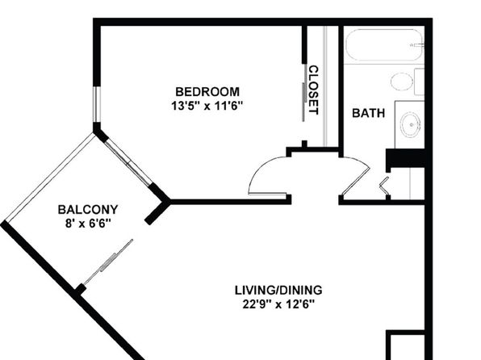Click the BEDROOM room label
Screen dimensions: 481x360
207,92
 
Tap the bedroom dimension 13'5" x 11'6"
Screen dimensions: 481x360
207,107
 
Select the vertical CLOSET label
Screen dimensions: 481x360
313,90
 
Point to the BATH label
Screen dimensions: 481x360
369,113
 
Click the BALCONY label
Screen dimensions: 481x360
88,210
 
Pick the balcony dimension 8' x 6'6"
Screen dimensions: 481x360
87,224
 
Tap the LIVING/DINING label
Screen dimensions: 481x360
278,290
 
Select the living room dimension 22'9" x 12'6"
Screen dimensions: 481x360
278,305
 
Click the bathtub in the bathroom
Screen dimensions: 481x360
384,45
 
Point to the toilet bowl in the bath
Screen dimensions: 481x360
402,82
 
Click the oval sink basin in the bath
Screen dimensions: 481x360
410,124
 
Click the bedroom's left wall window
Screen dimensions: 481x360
97,104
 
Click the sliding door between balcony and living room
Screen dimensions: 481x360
108,262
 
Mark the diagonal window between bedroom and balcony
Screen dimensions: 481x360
129,162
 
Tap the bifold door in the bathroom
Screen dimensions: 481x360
385,186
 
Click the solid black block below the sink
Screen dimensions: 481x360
405,158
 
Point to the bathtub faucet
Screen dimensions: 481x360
416,45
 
